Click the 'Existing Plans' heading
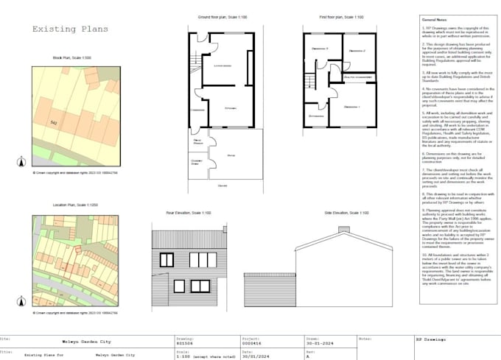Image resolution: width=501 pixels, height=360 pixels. pyautogui.click(x=70, y=29)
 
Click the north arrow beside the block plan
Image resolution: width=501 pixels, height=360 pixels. pyautogui.click(x=22, y=161)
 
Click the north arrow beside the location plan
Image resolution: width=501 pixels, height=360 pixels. pyautogui.click(x=22, y=300)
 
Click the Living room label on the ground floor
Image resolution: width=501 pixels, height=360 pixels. pyautogui.click(x=221, y=66)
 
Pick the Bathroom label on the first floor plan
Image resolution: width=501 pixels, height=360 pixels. pyautogui.click(x=357, y=76)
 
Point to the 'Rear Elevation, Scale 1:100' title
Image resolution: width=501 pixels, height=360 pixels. pyautogui.click(x=188, y=213)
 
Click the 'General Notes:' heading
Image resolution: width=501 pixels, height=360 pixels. pyautogui.click(x=434, y=18)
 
